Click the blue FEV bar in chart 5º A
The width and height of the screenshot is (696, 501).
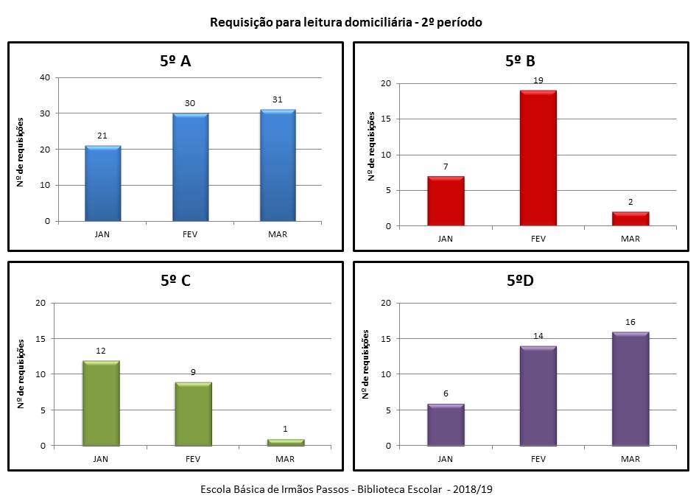tap(190, 167)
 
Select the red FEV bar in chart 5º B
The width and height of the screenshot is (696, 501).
tap(538, 158)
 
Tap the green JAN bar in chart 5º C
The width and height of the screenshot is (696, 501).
tap(101, 404)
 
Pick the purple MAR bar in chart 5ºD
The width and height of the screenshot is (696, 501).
tap(630, 389)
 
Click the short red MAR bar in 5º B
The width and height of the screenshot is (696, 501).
tap(630, 219)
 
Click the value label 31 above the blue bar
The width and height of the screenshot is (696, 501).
tap(278, 101)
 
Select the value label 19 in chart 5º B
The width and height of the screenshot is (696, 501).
tap(538, 80)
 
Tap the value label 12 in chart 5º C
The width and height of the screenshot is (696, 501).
tap(101, 351)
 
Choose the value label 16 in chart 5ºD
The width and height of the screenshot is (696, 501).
tap(630, 323)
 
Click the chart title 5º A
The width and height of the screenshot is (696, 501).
tap(175, 61)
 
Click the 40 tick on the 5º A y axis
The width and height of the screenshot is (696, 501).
tap(46, 77)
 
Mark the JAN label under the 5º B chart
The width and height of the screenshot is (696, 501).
tap(446, 239)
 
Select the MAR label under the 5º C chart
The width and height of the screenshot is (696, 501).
tap(286, 459)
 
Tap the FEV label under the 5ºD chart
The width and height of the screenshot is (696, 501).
tap(538, 459)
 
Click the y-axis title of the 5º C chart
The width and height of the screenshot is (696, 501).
tap(21, 374)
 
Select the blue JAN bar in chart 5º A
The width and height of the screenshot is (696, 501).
tap(103, 183)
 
